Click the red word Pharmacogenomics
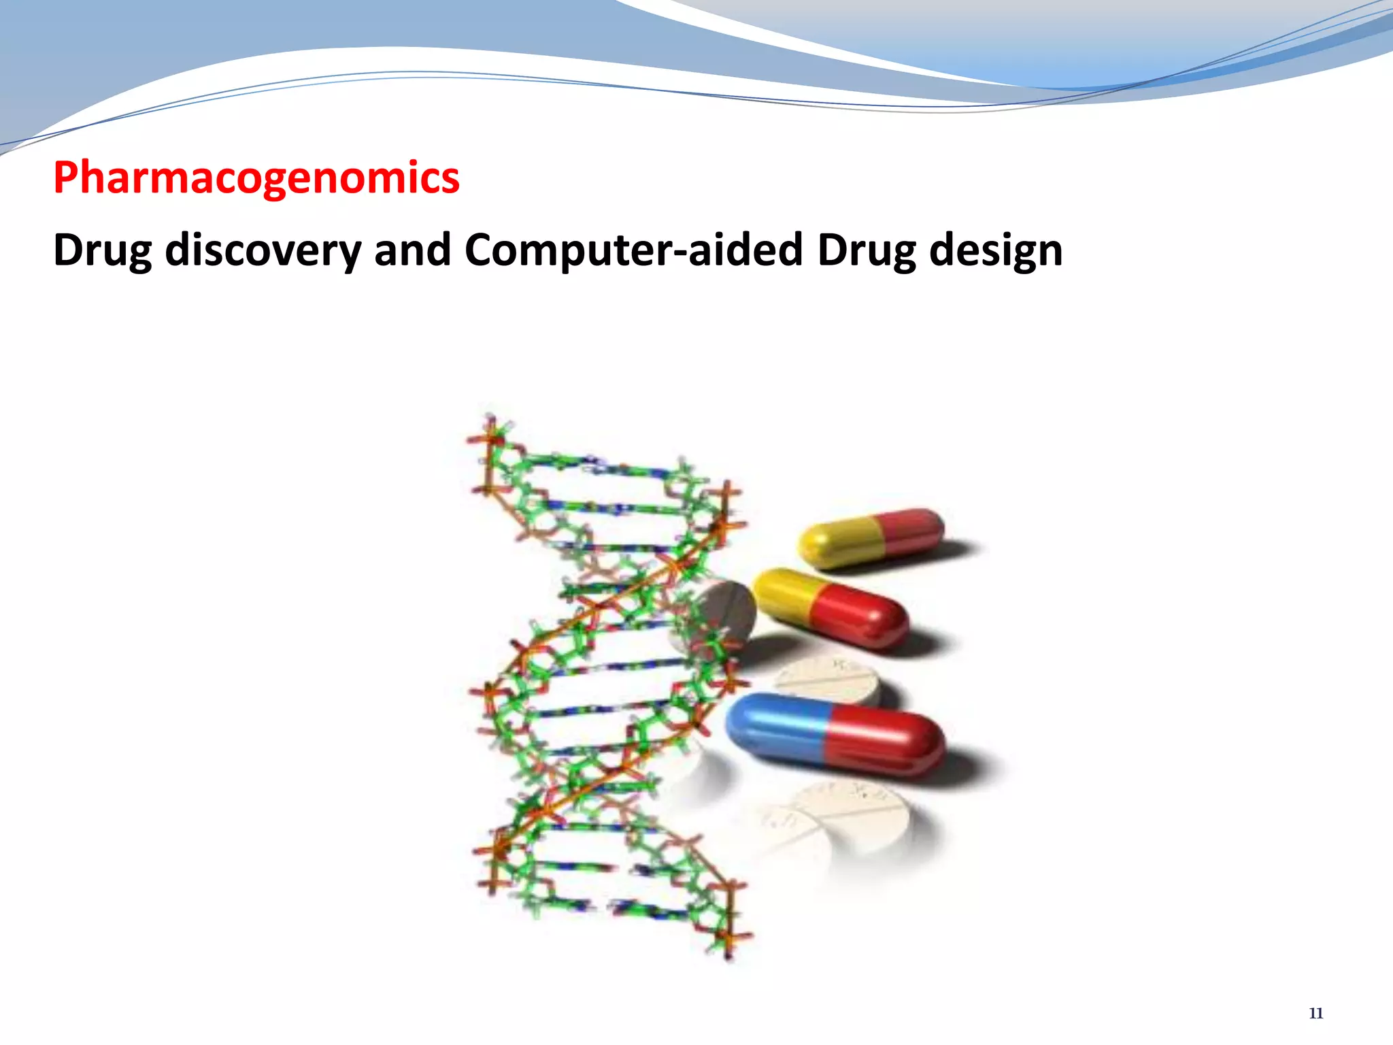pyautogui.click(x=256, y=178)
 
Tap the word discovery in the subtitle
pyautogui.click(x=263, y=250)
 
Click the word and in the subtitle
pyautogui.click(x=412, y=250)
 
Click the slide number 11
pyautogui.click(x=1315, y=1013)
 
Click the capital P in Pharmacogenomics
pyautogui.click(x=67, y=178)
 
